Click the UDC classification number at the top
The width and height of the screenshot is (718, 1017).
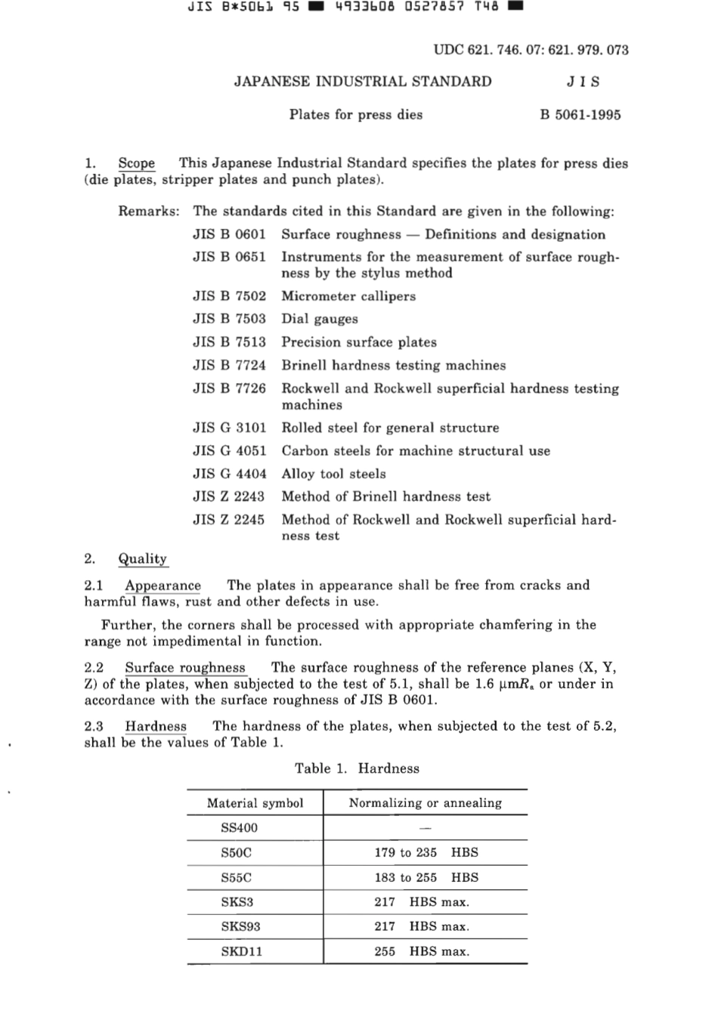[x=531, y=50]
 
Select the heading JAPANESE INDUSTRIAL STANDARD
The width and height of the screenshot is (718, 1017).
[x=363, y=82]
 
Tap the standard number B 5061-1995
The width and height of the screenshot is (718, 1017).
[x=580, y=115]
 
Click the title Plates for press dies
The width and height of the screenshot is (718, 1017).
[x=355, y=115]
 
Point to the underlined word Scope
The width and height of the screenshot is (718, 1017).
[x=136, y=163]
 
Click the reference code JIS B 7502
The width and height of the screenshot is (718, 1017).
[x=229, y=296]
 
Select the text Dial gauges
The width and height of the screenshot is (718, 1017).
[x=320, y=319]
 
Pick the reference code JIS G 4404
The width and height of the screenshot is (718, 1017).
[x=229, y=474]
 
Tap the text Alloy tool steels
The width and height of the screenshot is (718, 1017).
[x=333, y=474]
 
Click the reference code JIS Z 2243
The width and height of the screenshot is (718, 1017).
[x=229, y=496]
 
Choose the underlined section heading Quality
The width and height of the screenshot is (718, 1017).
[x=142, y=559]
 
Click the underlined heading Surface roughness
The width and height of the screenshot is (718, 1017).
[x=185, y=668]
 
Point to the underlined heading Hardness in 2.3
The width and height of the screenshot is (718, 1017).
[x=156, y=727]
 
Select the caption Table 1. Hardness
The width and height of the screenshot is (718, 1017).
[x=357, y=768]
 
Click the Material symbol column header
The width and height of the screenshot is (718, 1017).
[x=255, y=803]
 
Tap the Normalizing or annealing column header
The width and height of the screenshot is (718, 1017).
[x=425, y=803]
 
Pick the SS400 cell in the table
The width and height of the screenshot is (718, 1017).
[x=239, y=828]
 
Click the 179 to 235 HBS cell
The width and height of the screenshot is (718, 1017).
[x=426, y=852]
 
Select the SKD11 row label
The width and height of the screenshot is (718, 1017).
[x=241, y=951]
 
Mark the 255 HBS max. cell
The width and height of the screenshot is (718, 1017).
[x=422, y=951]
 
